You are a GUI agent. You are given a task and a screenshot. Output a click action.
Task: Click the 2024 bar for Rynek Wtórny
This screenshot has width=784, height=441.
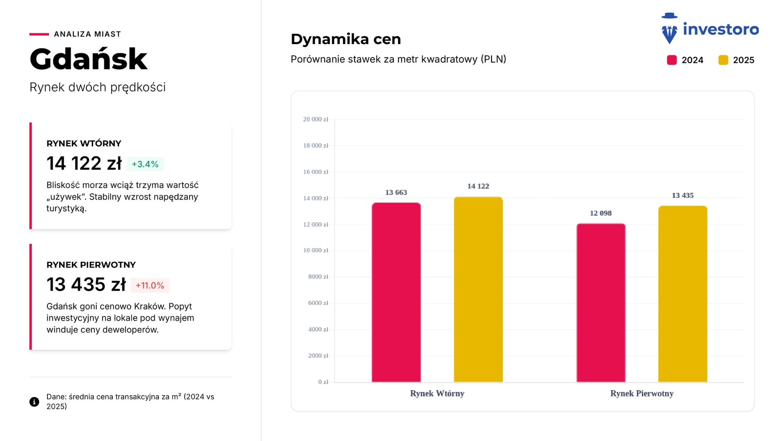[x=396, y=292]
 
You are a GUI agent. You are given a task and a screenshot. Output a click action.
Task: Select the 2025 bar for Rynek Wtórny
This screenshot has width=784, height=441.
[x=478, y=290]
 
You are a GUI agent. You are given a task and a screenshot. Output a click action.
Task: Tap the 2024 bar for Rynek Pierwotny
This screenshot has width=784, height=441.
[x=601, y=303]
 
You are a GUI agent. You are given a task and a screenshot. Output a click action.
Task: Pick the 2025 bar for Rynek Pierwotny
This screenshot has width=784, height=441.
[x=683, y=294]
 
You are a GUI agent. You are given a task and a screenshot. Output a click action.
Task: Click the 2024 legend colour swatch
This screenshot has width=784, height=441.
[x=672, y=60]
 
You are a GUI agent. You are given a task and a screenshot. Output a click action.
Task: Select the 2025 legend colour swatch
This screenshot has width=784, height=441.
[x=723, y=60]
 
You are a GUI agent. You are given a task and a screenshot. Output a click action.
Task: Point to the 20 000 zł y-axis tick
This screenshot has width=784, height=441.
[x=315, y=119]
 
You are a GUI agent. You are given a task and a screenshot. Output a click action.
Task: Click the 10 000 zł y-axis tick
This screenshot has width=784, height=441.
[x=315, y=250]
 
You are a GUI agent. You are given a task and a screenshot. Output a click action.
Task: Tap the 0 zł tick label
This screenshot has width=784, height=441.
[x=323, y=382]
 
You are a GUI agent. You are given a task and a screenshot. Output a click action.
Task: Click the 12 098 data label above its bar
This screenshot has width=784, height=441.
[x=601, y=213]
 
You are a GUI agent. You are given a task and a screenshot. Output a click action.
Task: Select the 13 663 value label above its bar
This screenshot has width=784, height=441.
[x=396, y=192]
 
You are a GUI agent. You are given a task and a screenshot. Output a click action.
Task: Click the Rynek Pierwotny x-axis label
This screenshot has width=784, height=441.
[x=641, y=394]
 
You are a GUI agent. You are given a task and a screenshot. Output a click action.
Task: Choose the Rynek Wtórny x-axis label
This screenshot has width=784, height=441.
[x=437, y=394]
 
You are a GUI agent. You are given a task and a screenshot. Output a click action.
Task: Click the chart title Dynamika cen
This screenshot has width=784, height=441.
[x=345, y=39]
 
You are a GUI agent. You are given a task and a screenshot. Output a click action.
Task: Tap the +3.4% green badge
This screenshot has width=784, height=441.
[x=145, y=164]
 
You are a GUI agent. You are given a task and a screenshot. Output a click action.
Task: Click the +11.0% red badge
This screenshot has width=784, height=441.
[x=150, y=285]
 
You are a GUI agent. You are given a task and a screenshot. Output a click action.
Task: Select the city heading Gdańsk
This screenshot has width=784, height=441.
[x=88, y=59]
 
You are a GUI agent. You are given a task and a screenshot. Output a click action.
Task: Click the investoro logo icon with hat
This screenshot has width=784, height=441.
[x=669, y=29]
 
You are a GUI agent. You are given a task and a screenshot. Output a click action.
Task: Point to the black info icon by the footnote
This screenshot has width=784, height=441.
[x=34, y=402]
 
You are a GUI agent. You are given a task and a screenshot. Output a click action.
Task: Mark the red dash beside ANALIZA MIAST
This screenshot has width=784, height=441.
[x=39, y=34]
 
